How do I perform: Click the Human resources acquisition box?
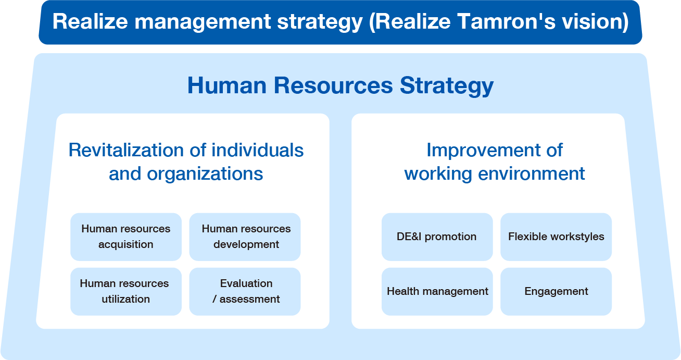click(x=126, y=237)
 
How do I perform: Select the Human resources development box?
click(x=245, y=237)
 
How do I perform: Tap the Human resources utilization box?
click(x=126, y=291)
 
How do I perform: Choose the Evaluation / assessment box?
click(x=245, y=291)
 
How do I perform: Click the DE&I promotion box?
click(x=437, y=237)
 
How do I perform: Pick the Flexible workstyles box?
click(x=556, y=237)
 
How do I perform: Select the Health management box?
click(x=437, y=291)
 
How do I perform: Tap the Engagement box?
click(x=556, y=291)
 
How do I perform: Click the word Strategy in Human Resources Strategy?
click(x=447, y=86)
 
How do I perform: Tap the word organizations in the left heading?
click(x=205, y=173)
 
